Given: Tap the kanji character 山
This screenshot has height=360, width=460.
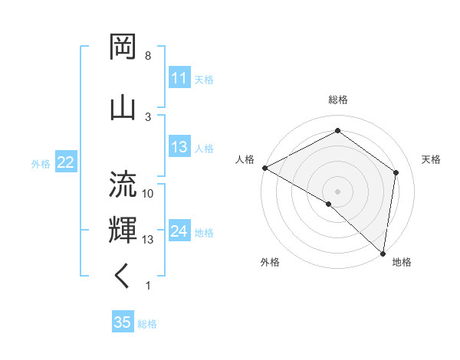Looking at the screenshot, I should (x=123, y=106).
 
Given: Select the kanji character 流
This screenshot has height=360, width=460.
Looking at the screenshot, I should (x=123, y=186).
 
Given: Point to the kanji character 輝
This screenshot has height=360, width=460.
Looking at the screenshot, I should (x=123, y=230).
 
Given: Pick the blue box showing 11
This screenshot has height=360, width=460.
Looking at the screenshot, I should (x=179, y=78).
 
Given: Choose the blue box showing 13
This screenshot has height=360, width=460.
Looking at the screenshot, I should (x=179, y=148).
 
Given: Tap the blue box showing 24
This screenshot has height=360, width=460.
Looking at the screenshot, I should (x=179, y=232).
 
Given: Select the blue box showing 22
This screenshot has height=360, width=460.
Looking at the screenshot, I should (x=66, y=162).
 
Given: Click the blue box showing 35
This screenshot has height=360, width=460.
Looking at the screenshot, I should (x=123, y=322).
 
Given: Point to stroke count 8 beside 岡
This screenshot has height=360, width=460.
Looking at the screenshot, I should (x=148, y=56).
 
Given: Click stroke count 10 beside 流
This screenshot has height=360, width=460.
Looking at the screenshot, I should (x=148, y=194).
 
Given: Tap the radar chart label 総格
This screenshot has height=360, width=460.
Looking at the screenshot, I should (x=338, y=100).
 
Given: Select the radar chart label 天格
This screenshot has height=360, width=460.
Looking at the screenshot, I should (x=432, y=159).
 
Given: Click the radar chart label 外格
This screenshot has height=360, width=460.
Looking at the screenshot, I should (x=270, y=262).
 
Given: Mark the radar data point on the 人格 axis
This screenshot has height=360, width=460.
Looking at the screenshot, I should (x=264, y=168).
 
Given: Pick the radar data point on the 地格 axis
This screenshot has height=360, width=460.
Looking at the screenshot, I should (x=383, y=253).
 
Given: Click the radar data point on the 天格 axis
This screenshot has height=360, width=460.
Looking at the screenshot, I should (x=396, y=172).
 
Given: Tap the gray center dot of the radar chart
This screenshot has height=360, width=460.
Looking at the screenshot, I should (x=338, y=191).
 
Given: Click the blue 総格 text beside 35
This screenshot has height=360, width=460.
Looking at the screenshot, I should (x=147, y=324).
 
